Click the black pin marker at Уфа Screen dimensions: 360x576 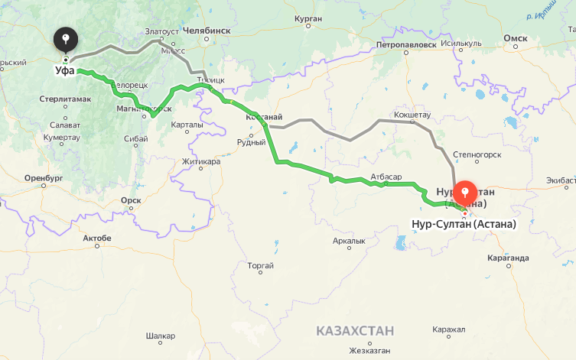[x=67, y=39]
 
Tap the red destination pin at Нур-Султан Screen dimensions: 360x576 [x=464, y=193]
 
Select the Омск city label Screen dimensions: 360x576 [x=516, y=38]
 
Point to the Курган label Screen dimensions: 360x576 [x=306, y=17]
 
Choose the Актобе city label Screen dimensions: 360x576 [x=97, y=238]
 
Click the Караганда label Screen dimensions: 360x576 [x=507, y=258]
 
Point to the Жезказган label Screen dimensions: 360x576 [x=369, y=352]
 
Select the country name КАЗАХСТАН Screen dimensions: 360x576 [x=355, y=331]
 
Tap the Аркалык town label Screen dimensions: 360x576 [x=349, y=242]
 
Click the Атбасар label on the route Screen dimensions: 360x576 [x=386, y=177]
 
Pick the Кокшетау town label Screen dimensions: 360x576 [x=413, y=115]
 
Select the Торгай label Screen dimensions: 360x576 [x=261, y=266]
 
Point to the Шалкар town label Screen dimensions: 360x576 [x=161, y=336]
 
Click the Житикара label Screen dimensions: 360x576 [x=201, y=162]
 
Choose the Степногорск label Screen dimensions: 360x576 [x=477, y=154]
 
